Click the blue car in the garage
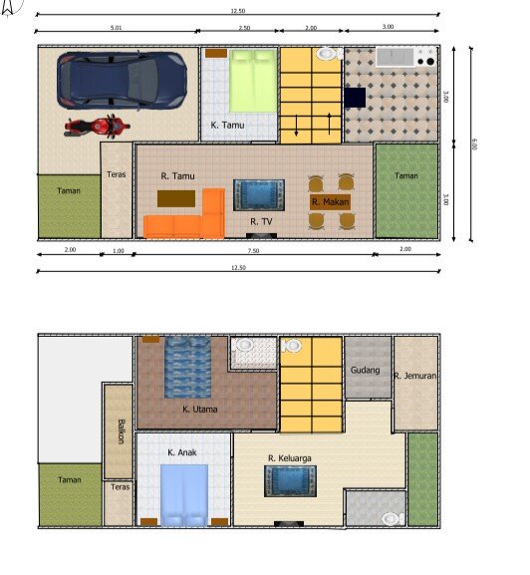tap(122, 80)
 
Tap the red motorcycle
tap(95, 127)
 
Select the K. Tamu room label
tap(227, 126)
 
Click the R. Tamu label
tap(177, 176)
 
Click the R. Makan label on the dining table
tap(329, 202)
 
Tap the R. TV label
tap(261, 220)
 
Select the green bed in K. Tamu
tap(253, 82)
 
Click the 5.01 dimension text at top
tap(117, 27)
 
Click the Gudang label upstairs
tap(365, 371)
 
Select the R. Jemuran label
tap(410, 377)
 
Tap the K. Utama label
tap(199, 409)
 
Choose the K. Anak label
tap(181, 452)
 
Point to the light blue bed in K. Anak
tap(184, 494)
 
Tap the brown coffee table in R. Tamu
tap(176, 197)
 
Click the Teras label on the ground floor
tap(116, 174)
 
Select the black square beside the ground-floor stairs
tap(356, 97)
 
